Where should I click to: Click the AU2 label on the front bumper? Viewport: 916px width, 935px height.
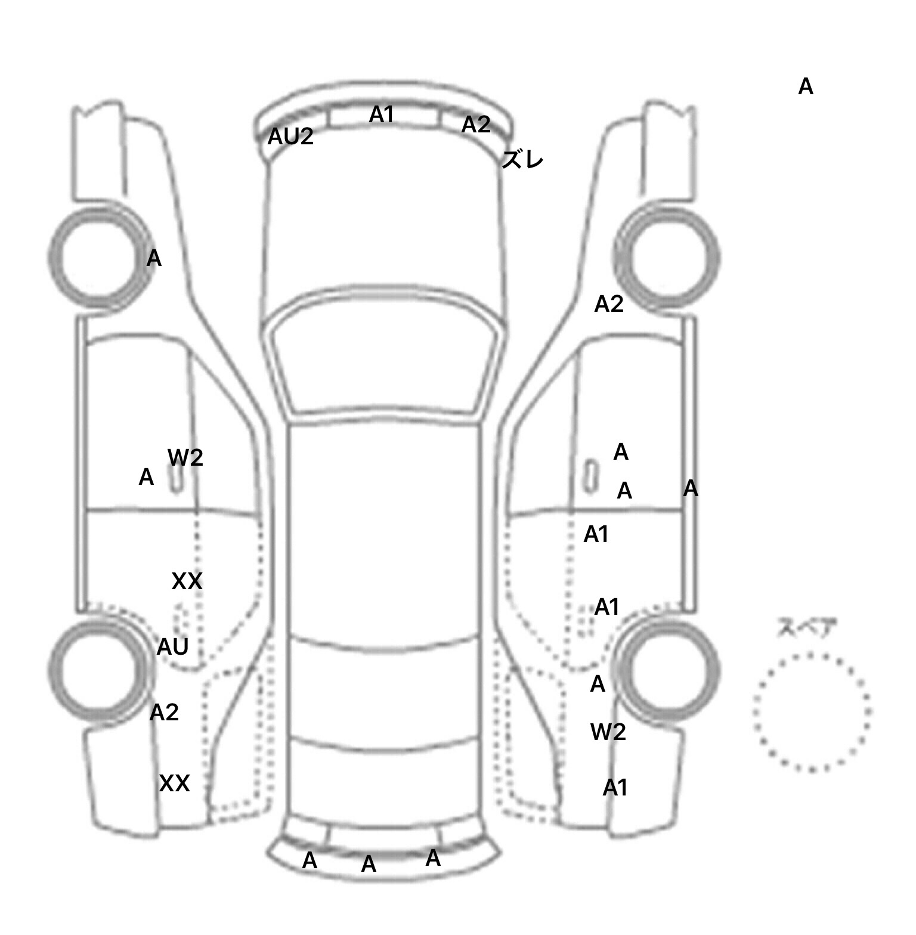[x=290, y=137]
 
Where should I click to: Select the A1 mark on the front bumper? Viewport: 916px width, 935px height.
[x=382, y=114]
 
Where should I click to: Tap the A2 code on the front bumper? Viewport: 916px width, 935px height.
[x=476, y=125]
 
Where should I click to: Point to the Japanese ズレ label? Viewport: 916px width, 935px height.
[x=522, y=160]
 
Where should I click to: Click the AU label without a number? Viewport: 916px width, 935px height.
[x=173, y=647]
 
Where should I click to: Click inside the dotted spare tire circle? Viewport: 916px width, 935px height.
[x=812, y=712]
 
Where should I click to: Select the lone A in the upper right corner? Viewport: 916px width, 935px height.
[x=806, y=87]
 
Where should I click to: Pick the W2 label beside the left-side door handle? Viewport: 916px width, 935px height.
[x=185, y=458]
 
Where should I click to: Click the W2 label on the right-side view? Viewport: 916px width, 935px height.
[x=608, y=732]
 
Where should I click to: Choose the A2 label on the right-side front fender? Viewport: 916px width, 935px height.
[x=609, y=305]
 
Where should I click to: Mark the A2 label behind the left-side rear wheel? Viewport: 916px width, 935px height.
[x=164, y=713]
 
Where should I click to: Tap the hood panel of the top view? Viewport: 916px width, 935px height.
[x=385, y=221]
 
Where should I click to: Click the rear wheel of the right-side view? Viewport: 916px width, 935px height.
[x=668, y=668]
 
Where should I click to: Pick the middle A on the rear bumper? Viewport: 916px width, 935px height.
[x=369, y=864]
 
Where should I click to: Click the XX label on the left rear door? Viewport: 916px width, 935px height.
[x=187, y=581]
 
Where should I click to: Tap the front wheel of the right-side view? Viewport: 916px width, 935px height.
[x=668, y=258]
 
